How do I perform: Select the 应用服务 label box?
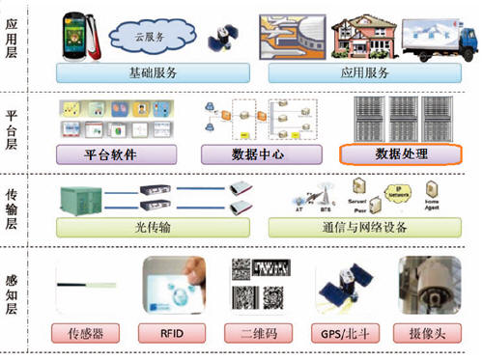click(364, 72)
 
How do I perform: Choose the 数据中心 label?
click(247, 154)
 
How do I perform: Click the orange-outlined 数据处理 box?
click(399, 154)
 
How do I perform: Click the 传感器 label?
click(91, 336)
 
